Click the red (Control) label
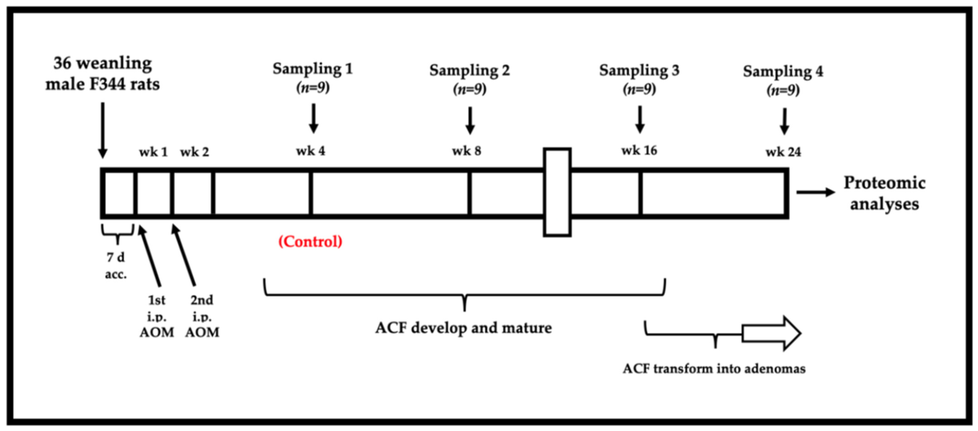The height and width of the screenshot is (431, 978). coord(310,242)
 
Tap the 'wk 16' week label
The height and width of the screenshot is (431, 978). coord(639,151)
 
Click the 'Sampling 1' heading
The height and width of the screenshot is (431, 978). coord(313,69)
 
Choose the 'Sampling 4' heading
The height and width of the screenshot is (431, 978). coord(783,71)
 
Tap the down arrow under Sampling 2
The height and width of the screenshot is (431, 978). coord(470,121)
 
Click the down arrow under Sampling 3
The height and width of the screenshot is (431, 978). coord(640,119)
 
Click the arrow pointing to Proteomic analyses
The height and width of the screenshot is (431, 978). coord(816,192)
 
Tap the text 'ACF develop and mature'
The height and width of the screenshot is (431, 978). coord(463,328)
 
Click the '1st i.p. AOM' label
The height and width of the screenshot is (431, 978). coord(156,316)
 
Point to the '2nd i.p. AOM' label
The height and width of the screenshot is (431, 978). coord(202,316)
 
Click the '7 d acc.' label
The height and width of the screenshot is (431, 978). coord(116,265)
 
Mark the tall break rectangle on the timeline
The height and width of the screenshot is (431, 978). coord(557,192)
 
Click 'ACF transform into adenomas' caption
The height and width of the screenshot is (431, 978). coord(714,369)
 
